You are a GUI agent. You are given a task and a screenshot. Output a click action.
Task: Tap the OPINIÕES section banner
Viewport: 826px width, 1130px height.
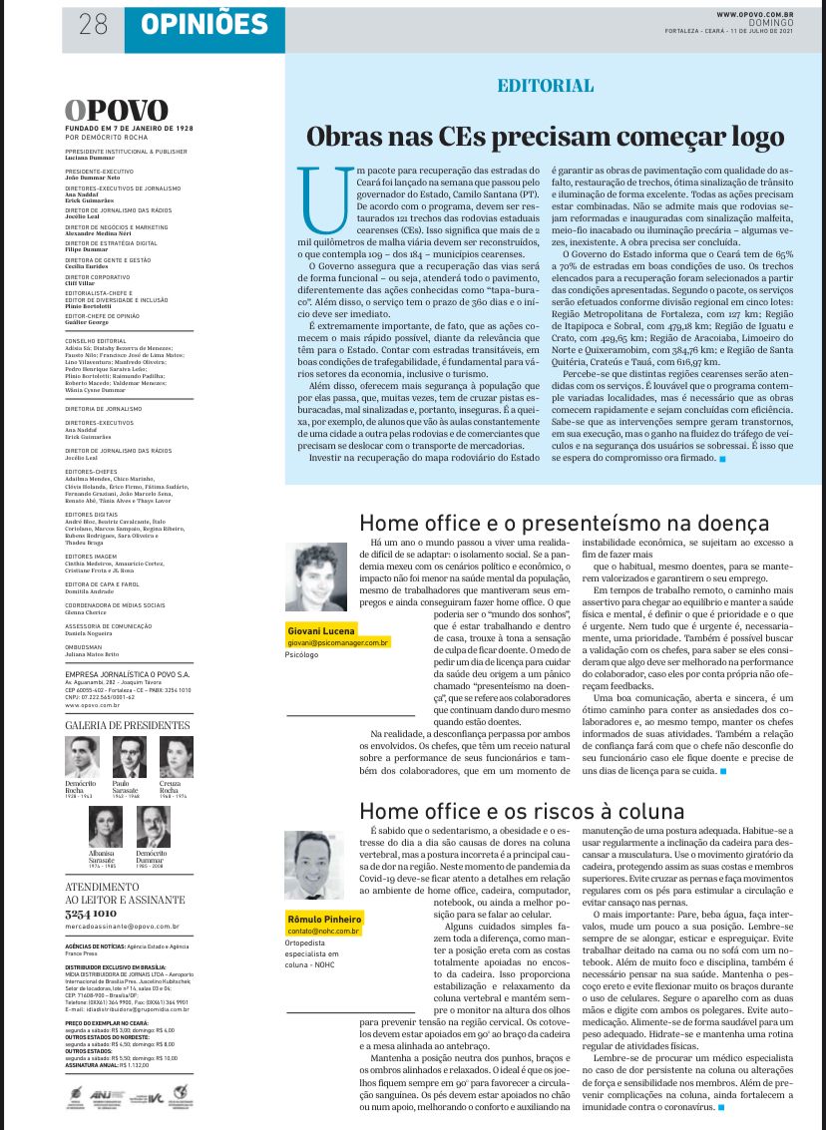click(190, 22)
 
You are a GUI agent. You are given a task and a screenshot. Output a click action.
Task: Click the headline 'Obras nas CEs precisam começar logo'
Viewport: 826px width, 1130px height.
click(546, 136)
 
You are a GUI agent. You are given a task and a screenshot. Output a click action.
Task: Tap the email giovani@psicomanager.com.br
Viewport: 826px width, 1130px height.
click(337, 643)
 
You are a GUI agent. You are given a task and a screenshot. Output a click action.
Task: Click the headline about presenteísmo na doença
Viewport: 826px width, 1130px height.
click(564, 523)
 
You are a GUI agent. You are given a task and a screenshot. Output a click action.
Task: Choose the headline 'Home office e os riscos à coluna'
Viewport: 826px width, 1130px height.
click(522, 810)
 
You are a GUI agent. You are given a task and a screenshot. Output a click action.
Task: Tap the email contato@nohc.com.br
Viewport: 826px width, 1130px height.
click(323, 931)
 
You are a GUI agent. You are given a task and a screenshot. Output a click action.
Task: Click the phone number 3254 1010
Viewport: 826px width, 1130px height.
click(91, 913)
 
